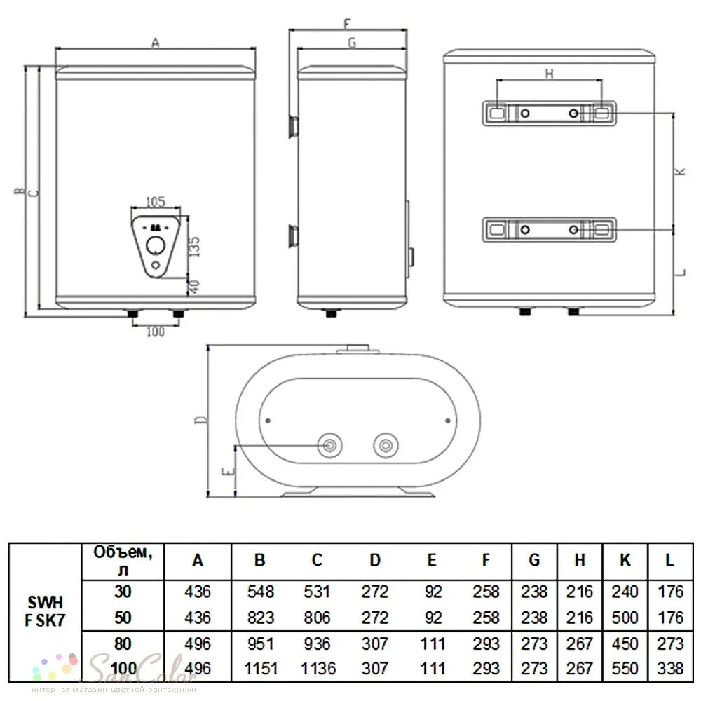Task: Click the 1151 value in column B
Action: pyautogui.click(x=260, y=668)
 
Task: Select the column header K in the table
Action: pyautogui.click(x=625, y=560)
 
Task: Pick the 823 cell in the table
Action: pyautogui.click(x=260, y=617)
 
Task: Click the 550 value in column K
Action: pyautogui.click(x=625, y=668)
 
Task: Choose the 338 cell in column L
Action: pyautogui.click(x=670, y=668)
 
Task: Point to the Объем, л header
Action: pyautogui.click(x=123, y=561)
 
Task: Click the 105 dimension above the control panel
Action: pyautogui.click(x=155, y=203)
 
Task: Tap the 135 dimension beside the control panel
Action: pyautogui.click(x=196, y=246)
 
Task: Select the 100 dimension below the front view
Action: pyautogui.click(x=155, y=332)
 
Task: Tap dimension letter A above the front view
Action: pyautogui.click(x=156, y=43)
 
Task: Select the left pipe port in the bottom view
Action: pyautogui.click(x=329, y=444)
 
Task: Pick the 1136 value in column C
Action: pyautogui.click(x=318, y=668)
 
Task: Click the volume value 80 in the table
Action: pyautogui.click(x=123, y=643)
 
